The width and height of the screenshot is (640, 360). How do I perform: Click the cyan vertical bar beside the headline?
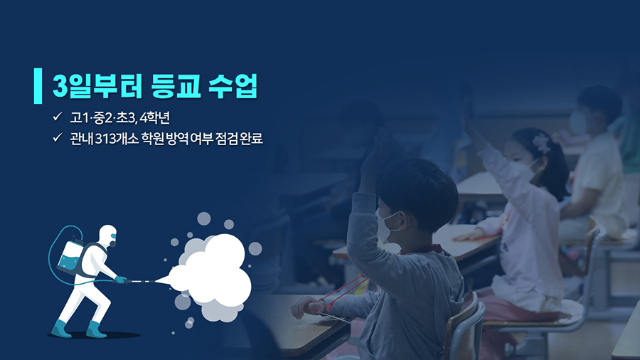click(x=38, y=85)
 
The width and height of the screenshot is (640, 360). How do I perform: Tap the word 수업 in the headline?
click(x=233, y=85)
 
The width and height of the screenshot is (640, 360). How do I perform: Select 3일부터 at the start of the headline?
click(x=97, y=85)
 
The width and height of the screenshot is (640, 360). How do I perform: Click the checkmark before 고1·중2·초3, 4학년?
click(x=57, y=117)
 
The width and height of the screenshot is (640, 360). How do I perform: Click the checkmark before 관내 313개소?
click(x=57, y=137)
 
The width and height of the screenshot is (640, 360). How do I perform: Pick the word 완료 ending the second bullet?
click(x=251, y=139)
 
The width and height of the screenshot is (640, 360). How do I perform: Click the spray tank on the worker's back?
click(x=70, y=257)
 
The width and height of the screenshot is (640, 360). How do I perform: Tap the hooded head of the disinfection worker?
click(x=108, y=235)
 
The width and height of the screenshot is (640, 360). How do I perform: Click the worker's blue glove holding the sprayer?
click(x=120, y=280)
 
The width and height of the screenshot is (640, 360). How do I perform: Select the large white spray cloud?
click(x=210, y=272)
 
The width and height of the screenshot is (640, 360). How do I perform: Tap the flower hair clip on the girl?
click(x=541, y=143)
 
